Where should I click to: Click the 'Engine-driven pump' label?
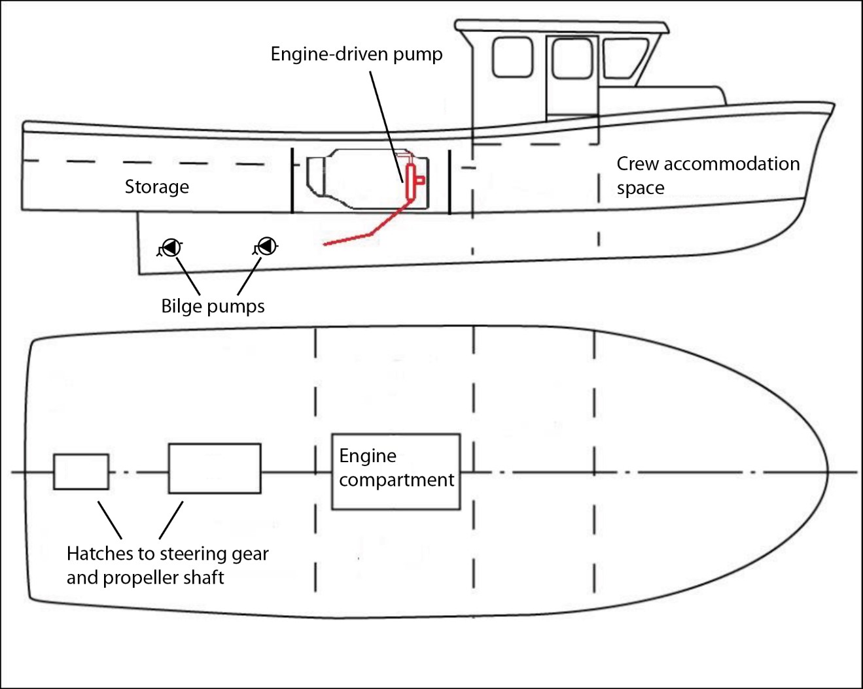[357, 54]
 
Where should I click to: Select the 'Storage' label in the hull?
[157, 187]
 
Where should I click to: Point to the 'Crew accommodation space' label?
[707, 175]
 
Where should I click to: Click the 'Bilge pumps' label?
[213, 307]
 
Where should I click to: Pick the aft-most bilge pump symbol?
[171, 248]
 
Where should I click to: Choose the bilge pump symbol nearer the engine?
[266, 246]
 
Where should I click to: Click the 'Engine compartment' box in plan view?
[396, 471]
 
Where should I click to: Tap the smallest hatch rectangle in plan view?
[81, 471]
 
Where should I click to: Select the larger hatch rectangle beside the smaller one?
[215, 468]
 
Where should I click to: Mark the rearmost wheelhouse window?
[512, 57]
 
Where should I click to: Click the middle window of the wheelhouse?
[572, 59]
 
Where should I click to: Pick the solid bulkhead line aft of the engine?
[292, 180]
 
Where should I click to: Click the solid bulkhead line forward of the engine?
[449, 182]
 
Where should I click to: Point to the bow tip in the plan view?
[827, 471]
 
